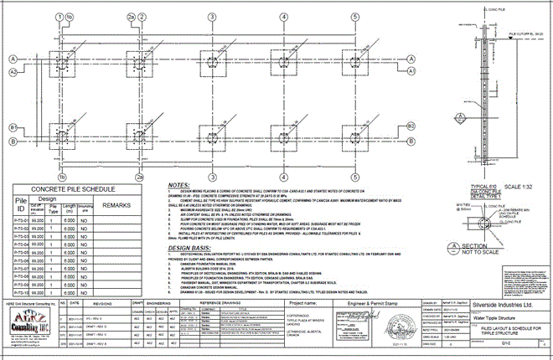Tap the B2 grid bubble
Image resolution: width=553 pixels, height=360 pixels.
pos(13,140)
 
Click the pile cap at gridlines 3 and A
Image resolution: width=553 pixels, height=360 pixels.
pos(210,61)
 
